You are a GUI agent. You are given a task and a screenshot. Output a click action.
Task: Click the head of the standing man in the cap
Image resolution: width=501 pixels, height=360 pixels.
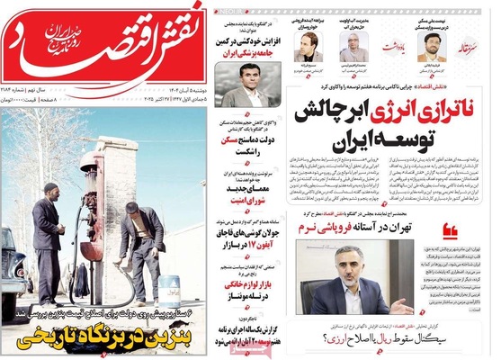48,193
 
